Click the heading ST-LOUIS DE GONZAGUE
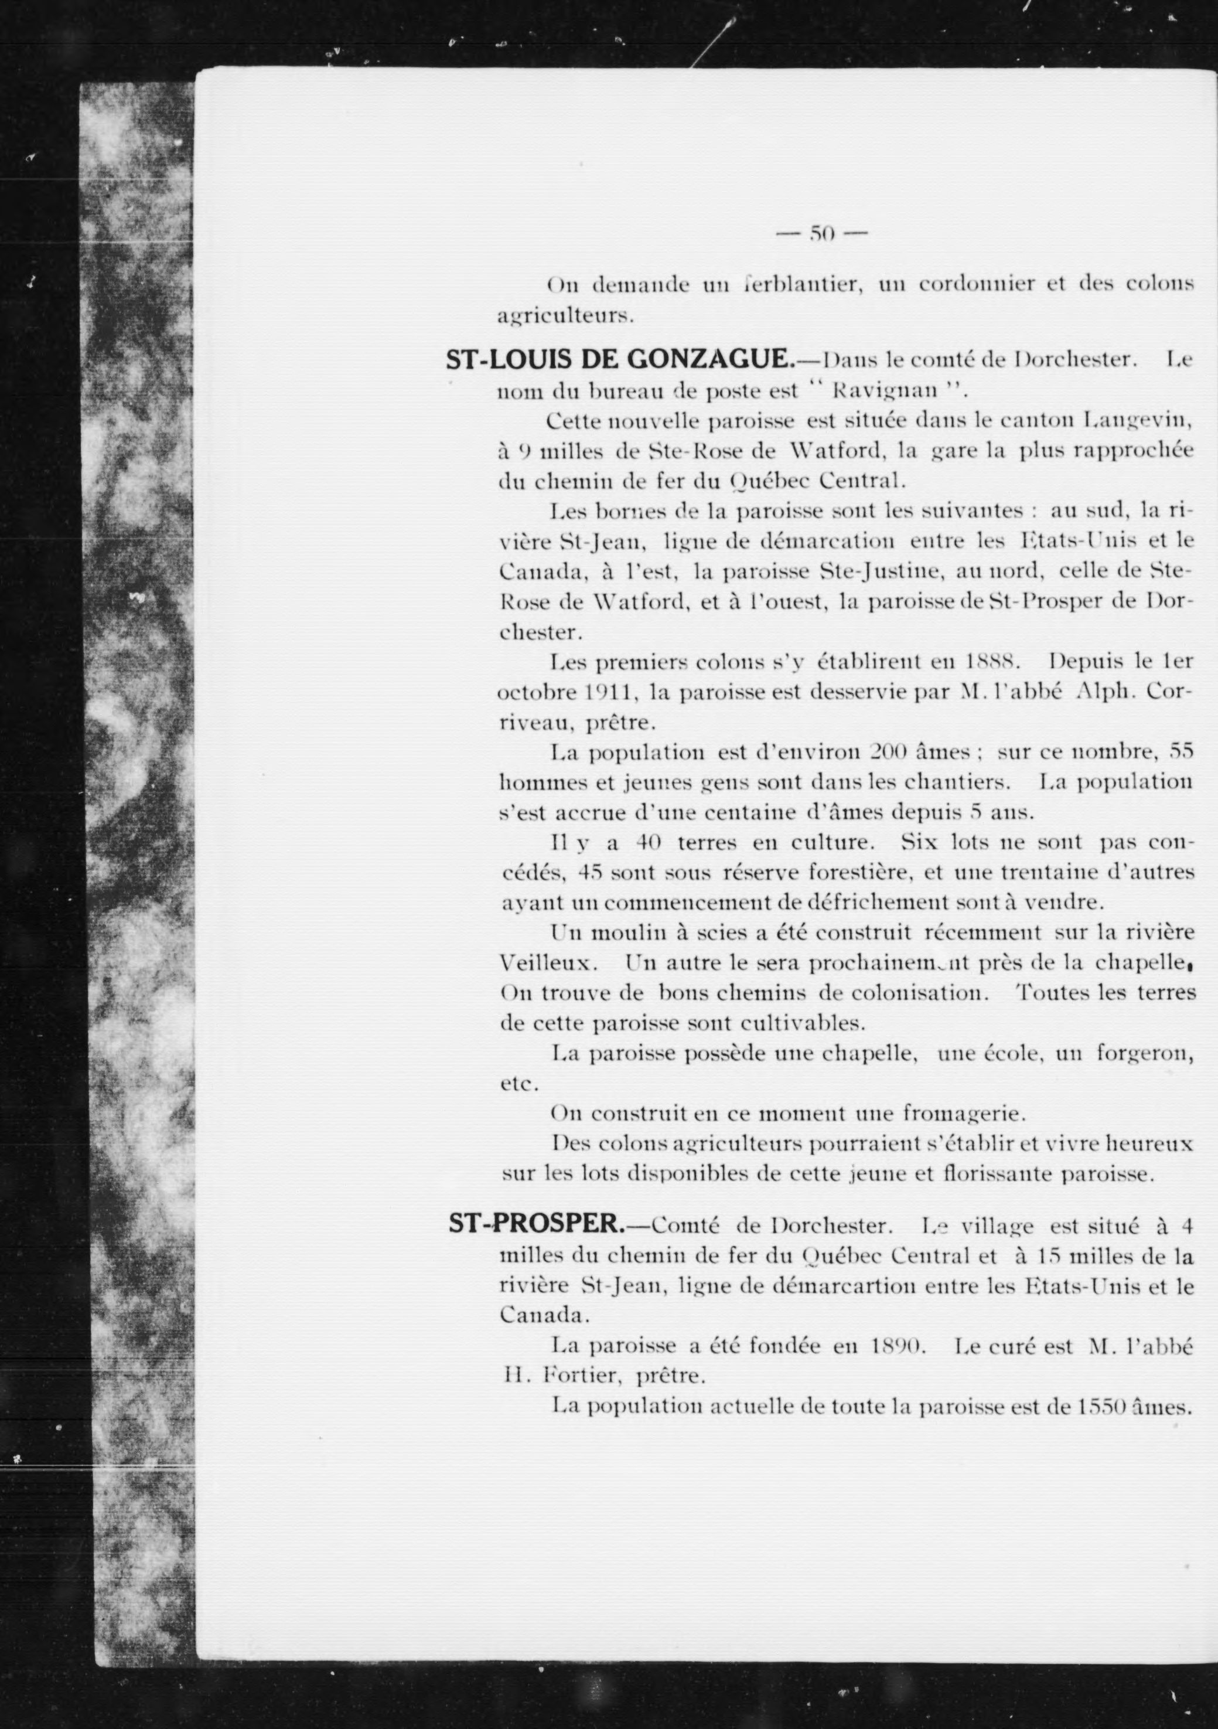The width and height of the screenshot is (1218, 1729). point(619,360)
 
